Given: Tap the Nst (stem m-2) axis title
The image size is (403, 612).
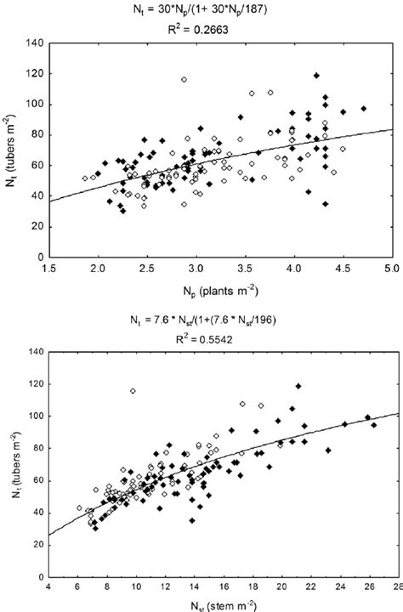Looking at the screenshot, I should (223, 604).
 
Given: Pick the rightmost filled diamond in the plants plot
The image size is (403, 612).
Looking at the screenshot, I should (363, 109).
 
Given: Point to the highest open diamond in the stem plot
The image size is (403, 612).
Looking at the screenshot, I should (133, 391).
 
